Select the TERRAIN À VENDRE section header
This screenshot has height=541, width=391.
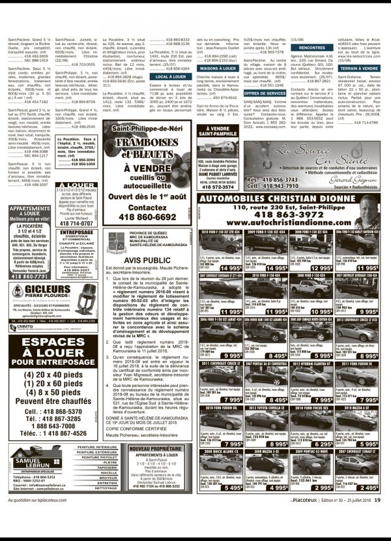coord(359,68)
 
